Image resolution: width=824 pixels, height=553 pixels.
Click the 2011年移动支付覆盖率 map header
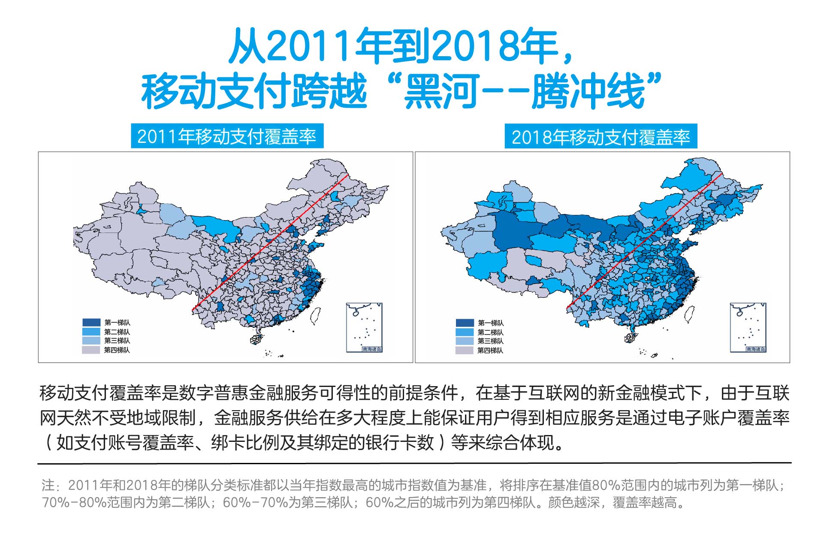point(227,136)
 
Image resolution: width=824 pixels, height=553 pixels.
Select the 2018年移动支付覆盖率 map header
point(601,137)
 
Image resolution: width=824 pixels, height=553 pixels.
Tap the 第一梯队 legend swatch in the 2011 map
point(91,322)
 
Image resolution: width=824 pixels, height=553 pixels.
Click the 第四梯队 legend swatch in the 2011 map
point(91,350)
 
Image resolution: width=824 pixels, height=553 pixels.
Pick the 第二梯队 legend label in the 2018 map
point(491,332)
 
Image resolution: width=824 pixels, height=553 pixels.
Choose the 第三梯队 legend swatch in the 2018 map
point(465,341)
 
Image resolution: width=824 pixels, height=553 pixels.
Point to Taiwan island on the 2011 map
point(316,316)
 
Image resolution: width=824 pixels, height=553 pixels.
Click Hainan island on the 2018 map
point(630,338)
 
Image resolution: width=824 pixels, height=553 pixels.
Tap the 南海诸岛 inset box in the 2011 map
point(364,327)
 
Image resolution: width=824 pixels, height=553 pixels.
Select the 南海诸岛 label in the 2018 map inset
point(756,349)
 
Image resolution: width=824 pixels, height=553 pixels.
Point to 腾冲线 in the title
point(588,91)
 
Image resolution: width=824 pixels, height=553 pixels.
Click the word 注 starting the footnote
point(48,486)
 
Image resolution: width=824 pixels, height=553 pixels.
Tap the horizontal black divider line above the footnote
point(414,463)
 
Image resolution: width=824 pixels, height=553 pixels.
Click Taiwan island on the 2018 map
point(689,315)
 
